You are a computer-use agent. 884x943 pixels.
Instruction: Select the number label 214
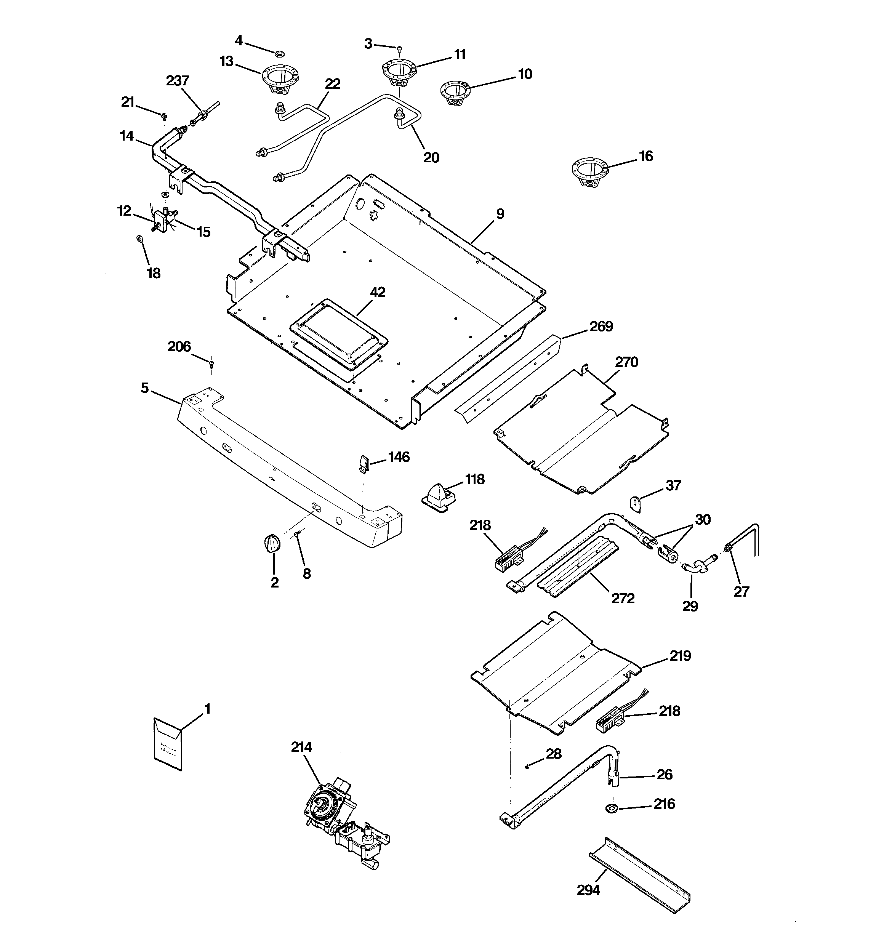tap(301, 747)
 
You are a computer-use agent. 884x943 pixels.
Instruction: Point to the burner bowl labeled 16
tap(589, 173)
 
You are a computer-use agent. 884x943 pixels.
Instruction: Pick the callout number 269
tap(601, 327)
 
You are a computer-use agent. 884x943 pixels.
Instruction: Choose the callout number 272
tap(623, 598)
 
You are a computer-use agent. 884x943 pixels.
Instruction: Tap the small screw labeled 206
tap(211, 363)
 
